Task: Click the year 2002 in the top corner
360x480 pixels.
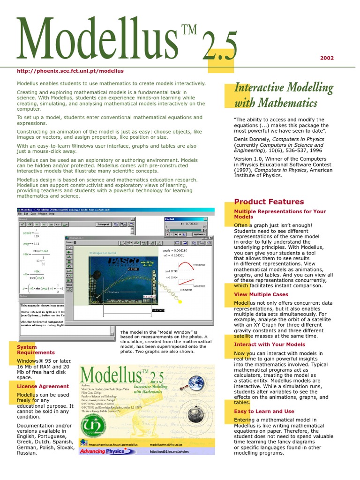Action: (327, 58)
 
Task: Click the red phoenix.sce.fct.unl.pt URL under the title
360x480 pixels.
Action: (70, 71)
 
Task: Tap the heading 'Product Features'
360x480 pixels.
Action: (269, 202)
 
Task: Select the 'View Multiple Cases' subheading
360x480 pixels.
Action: (261, 294)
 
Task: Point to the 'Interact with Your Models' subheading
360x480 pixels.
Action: (270, 345)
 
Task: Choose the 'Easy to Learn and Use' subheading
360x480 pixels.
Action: (264, 412)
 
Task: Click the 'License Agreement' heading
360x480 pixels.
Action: (43, 386)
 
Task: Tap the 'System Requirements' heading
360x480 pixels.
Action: (36, 350)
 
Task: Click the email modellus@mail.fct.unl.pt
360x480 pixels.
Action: (166, 444)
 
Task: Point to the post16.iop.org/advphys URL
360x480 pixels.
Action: (169, 452)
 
